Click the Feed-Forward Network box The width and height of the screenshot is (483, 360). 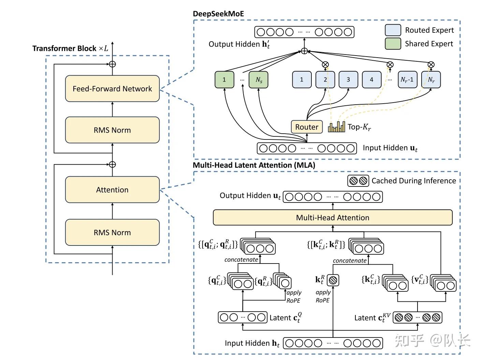click(x=112, y=89)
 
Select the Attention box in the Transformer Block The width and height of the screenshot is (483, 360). click(x=112, y=190)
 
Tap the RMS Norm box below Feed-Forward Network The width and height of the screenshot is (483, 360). click(x=112, y=130)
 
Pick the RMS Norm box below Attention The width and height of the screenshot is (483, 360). click(x=112, y=232)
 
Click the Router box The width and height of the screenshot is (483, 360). click(x=307, y=127)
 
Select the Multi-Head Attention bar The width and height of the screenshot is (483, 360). click(x=333, y=217)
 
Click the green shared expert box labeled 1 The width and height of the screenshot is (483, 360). click(x=224, y=80)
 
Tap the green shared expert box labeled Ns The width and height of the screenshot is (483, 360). click(x=259, y=80)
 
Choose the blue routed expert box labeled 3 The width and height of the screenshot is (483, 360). click(x=348, y=80)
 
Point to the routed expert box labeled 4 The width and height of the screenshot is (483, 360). click(x=371, y=80)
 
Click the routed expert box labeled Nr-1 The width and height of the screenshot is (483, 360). click(x=407, y=80)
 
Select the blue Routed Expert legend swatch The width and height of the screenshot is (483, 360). click(x=393, y=30)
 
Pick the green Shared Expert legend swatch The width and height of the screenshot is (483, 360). click(x=393, y=44)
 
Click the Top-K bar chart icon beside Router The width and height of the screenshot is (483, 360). click(x=336, y=127)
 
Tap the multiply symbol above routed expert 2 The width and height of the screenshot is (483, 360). click(x=325, y=64)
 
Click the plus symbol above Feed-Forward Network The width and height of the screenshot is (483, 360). click(x=112, y=64)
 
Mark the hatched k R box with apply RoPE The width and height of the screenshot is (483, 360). click(x=333, y=280)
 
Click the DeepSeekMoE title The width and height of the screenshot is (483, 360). click(x=218, y=14)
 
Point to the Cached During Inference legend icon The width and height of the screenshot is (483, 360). click(x=358, y=181)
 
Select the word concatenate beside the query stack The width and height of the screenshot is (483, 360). click(x=241, y=260)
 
